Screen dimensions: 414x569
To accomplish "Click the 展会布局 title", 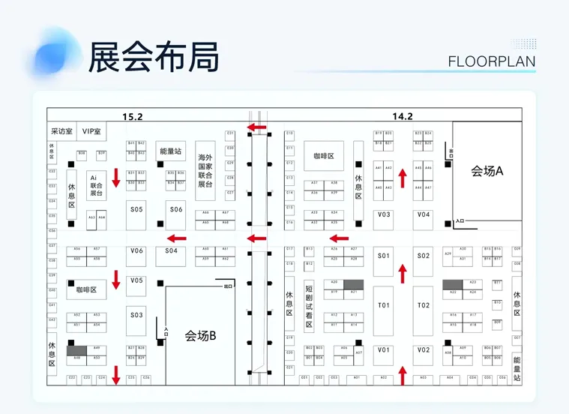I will point(154,56).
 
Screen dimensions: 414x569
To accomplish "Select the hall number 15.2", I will point(133,116).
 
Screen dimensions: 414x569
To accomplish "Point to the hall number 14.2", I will point(403,116).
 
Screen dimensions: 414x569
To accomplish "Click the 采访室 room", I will point(61,131).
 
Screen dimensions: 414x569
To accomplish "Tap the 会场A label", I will point(487,172).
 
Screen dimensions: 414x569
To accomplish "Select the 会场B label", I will point(200,336).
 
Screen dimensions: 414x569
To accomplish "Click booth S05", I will point(136,209).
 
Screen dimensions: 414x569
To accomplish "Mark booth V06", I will point(136,251).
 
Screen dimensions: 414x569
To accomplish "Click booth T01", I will point(384,305).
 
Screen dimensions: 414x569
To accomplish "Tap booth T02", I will point(424,305).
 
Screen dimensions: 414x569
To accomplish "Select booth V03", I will point(384,215).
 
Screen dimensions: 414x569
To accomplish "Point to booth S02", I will point(424,256).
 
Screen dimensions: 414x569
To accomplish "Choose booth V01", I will point(384,350).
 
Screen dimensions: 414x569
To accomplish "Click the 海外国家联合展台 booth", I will point(205,170).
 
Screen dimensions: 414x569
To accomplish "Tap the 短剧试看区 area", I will point(309,304).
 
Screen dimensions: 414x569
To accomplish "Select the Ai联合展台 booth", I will point(96,184).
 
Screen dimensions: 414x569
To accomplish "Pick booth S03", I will point(136,315).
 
